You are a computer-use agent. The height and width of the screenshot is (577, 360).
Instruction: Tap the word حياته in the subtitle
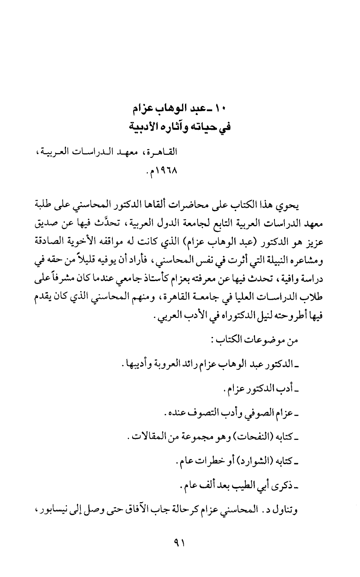click(209, 127)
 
